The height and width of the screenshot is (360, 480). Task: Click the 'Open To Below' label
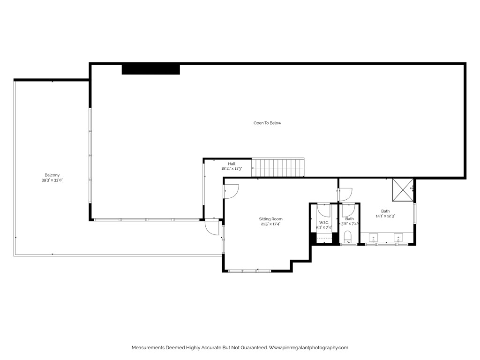(x=267, y=123)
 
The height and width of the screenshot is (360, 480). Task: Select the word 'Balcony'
(x=52, y=175)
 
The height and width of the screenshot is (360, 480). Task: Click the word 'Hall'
(x=232, y=164)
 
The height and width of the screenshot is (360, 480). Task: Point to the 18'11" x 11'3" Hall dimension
(x=231, y=168)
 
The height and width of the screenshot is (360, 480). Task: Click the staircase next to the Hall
(x=277, y=167)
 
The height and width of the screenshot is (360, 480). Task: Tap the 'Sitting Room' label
(x=271, y=219)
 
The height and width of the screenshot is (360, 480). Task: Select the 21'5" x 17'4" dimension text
(x=271, y=224)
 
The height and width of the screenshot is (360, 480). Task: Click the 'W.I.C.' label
(x=324, y=222)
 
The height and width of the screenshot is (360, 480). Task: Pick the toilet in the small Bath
(x=347, y=237)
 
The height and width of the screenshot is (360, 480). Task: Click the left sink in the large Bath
(x=374, y=236)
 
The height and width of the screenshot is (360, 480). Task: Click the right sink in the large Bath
(x=398, y=236)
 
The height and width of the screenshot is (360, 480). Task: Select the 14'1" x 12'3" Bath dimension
(x=385, y=216)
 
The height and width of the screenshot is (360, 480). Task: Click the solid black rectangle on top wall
(x=151, y=69)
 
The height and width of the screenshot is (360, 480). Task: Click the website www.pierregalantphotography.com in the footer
(x=308, y=348)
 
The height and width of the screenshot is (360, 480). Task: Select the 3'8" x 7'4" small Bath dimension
(x=349, y=224)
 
